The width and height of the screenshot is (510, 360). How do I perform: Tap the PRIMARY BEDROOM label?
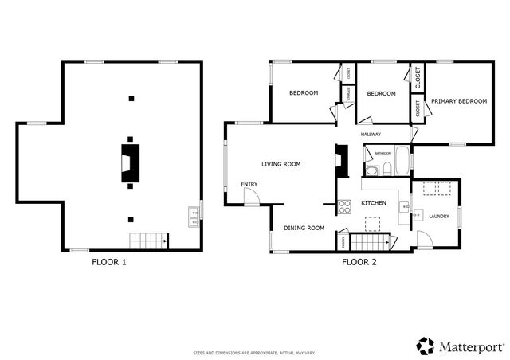[458, 101]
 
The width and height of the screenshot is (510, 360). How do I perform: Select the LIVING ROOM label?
[281, 164]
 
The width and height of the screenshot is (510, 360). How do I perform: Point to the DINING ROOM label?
[304, 229]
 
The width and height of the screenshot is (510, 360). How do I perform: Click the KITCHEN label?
[374, 203]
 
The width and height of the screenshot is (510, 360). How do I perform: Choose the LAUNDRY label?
[439, 216]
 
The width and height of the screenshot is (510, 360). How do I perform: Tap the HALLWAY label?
[371, 135]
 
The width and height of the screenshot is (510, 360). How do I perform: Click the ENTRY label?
[249, 185]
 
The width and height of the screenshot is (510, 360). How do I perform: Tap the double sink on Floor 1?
[194, 217]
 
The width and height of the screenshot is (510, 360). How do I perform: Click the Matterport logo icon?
[426, 346]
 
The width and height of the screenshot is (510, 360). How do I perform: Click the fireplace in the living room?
[342, 163]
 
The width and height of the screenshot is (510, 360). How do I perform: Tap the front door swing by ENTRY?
[252, 198]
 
